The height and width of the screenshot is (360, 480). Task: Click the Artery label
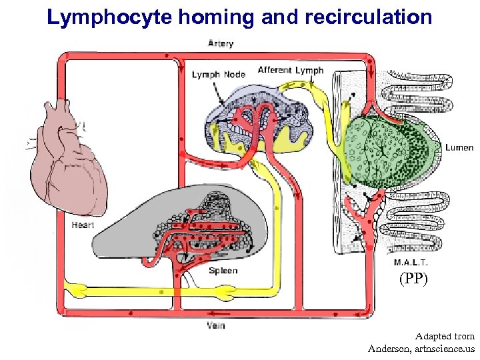(x=220, y=44)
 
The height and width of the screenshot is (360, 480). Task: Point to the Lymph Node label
(x=218, y=74)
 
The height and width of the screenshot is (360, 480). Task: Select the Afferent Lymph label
(x=290, y=70)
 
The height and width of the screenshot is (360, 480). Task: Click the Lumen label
(x=459, y=148)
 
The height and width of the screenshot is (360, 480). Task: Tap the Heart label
(x=83, y=225)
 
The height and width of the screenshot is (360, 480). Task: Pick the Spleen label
(x=223, y=271)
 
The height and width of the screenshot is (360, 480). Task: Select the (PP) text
(x=413, y=279)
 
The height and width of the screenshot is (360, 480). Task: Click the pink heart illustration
(x=69, y=160)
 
